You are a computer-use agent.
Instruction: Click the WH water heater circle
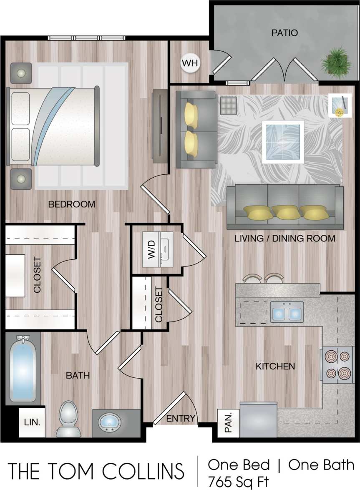[190, 64]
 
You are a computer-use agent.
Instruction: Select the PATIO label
[284, 33]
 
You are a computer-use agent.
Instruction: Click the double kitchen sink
[287, 312]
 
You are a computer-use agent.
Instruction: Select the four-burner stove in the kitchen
[338, 364]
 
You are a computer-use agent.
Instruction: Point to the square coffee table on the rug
[282, 142]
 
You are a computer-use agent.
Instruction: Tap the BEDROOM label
[72, 205]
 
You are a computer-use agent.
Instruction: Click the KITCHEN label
[275, 367]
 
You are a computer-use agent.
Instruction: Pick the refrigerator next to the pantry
[259, 419]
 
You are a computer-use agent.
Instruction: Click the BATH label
[78, 375]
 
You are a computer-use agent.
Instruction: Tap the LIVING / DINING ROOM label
[285, 239]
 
